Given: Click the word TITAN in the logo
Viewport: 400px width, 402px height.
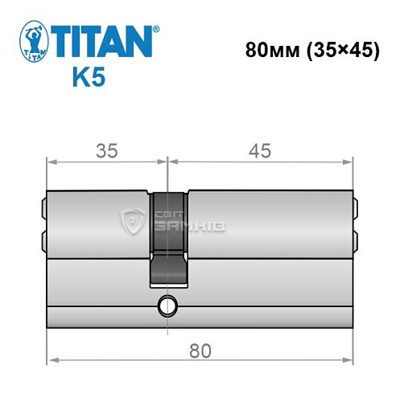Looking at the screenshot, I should (x=100, y=40).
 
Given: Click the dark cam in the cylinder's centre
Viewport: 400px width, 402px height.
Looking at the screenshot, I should (x=168, y=237).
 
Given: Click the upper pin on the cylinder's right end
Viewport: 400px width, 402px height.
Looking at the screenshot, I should (x=356, y=210).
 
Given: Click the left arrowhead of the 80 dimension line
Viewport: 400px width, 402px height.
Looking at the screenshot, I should (x=52, y=362).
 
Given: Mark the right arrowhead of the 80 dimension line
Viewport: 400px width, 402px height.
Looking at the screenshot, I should (x=349, y=362).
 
